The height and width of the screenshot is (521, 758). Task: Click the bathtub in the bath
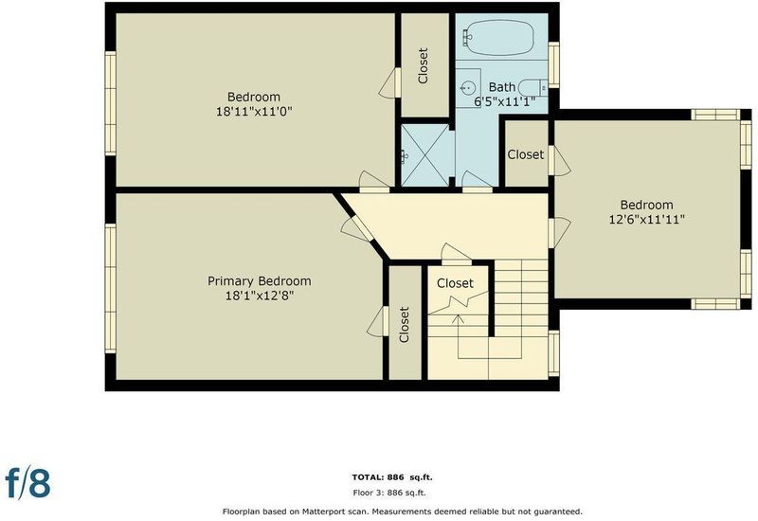[499, 37]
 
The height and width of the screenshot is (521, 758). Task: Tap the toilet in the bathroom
[532, 87]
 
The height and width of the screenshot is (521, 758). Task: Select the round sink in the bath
[468, 87]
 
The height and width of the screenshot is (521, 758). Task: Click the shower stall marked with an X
[425, 155]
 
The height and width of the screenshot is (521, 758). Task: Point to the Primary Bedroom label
[260, 280]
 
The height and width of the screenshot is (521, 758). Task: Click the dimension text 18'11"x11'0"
[254, 112]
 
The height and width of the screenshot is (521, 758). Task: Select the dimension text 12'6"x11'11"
[647, 220]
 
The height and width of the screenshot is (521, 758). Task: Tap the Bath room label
[502, 87]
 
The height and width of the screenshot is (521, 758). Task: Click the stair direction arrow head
[458, 318]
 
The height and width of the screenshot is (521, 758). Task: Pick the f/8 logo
[27, 481]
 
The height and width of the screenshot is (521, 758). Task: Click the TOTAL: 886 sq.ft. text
[392, 477]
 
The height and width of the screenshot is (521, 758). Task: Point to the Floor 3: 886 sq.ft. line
[389, 493]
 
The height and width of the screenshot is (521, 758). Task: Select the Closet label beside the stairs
[455, 283]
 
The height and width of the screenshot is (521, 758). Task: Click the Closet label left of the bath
[423, 65]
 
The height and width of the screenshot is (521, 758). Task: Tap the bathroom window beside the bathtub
[553, 64]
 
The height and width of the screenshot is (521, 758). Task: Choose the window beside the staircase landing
[553, 353]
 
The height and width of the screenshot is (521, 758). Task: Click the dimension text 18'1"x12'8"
[260, 296]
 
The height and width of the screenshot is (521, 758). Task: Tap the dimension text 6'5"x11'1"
[504, 101]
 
